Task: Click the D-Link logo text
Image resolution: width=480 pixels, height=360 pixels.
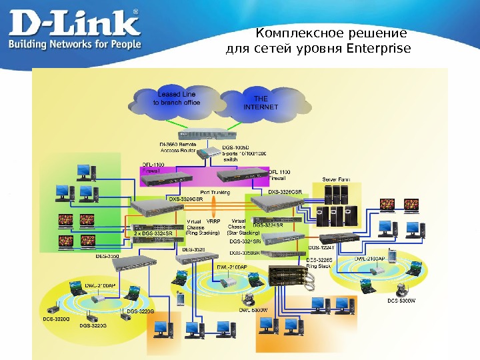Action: click(x=73, y=24)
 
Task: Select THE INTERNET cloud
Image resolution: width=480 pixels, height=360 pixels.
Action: click(x=261, y=103)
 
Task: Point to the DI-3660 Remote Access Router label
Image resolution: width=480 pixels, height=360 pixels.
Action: click(x=177, y=147)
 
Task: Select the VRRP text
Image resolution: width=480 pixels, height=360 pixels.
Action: click(x=214, y=221)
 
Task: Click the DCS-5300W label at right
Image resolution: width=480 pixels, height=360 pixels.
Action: click(x=401, y=300)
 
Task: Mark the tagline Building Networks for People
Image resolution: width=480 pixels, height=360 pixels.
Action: click(x=74, y=45)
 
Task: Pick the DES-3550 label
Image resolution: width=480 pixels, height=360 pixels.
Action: click(x=108, y=255)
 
